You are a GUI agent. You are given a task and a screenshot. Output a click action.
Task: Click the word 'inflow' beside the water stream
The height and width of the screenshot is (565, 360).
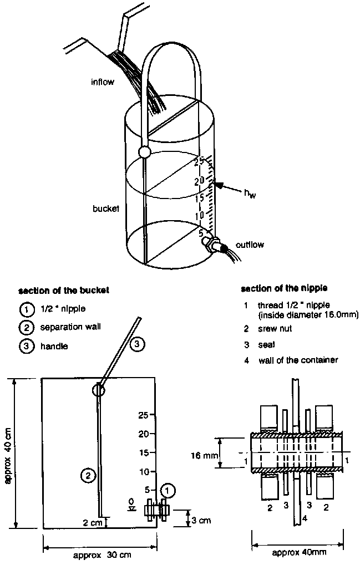pyautogui.click(x=102, y=83)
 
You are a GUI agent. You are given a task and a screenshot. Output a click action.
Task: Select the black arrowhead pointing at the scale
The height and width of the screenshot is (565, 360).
pyautogui.click(x=221, y=186)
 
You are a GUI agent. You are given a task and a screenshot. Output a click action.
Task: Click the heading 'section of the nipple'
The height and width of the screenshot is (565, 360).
pyautogui.click(x=276, y=289)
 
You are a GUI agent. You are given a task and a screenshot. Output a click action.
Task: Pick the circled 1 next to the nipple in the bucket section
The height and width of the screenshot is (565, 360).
pyautogui.click(x=168, y=490)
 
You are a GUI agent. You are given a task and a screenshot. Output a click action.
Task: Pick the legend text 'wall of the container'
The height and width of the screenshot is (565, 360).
pyautogui.click(x=298, y=360)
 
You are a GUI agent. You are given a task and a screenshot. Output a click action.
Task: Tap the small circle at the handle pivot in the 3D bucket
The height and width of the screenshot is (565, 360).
pyautogui.click(x=144, y=151)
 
